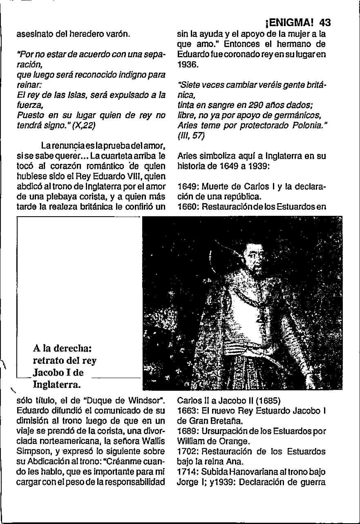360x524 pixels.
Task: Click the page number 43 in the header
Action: click(325, 22)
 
